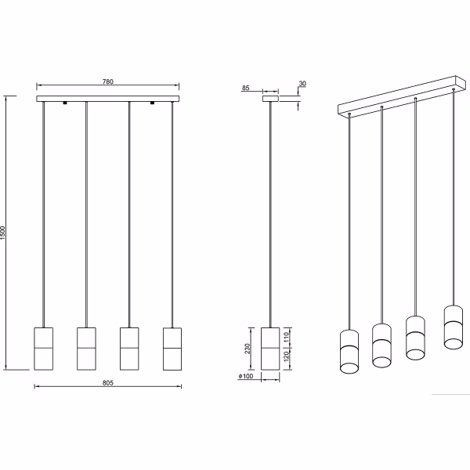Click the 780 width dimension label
pyautogui.click(x=108, y=80)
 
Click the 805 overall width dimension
pyautogui.click(x=108, y=382)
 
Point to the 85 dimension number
pyautogui.click(x=246, y=89)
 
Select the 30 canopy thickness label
pyautogui.click(x=302, y=84)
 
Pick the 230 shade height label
pyautogui.click(x=247, y=348)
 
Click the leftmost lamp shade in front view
pyautogui.click(x=44, y=346)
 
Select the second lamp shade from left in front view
pyautogui.click(x=86, y=346)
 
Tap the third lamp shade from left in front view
pyautogui.click(x=129, y=346)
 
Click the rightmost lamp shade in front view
pyautogui.click(x=172, y=346)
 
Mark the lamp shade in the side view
pyautogui.click(x=269, y=346)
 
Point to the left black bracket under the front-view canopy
pyautogui.click(x=66, y=103)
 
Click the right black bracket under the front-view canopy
pyautogui.click(x=152, y=103)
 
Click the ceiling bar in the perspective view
pyautogui.click(x=399, y=96)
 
